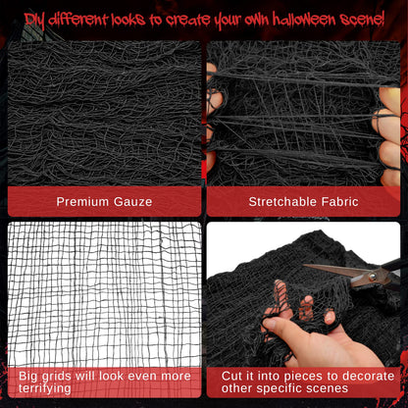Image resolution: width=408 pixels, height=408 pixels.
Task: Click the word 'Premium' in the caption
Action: [83, 202]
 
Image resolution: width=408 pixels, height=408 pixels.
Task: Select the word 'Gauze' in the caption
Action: [132, 202]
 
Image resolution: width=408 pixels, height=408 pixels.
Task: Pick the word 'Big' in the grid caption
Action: [28, 374]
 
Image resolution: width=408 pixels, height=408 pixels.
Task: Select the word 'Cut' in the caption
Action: [233, 374]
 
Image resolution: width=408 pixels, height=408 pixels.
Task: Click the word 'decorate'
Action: [363, 374]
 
